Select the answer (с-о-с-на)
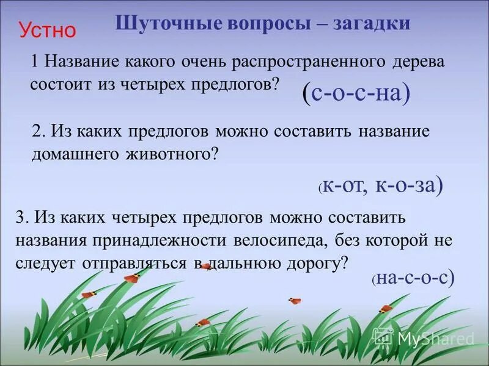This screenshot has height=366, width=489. click(x=356, y=93)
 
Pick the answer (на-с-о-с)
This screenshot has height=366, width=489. click(x=414, y=278)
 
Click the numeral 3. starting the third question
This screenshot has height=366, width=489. click(x=21, y=217)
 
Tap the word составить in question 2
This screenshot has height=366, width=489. click(x=325, y=132)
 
